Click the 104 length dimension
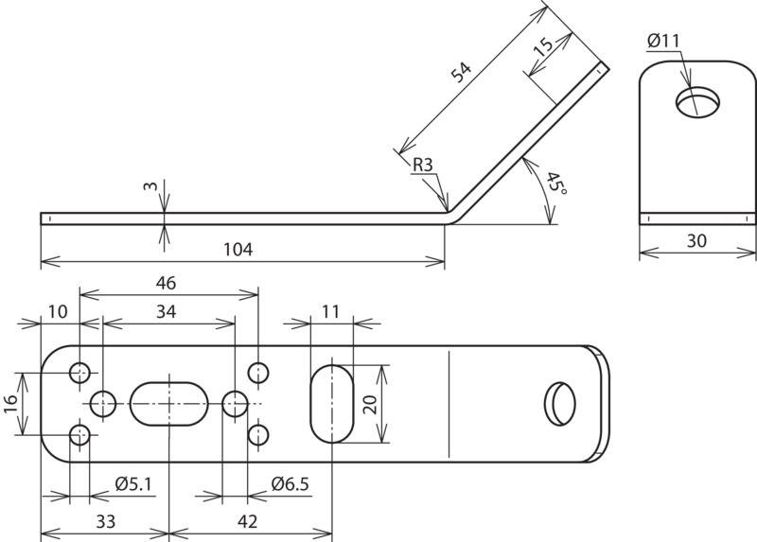pyautogui.click(x=238, y=250)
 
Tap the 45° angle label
pyautogui.click(x=555, y=184)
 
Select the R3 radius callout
pyautogui.click(x=423, y=166)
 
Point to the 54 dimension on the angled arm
pyautogui.click(x=461, y=72)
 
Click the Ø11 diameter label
pyautogui.click(x=663, y=41)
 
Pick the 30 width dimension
pyautogui.click(x=696, y=240)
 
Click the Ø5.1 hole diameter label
pyautogui.click(x=133, y=483)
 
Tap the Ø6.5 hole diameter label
pyautogui.click(x=290, y=483)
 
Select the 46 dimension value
pyautogui.click(x=166, y=284)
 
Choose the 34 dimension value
pyautogui.click(x=166, y=312)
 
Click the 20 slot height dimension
pyautogui.click(x=370, y=405)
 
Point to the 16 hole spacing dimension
pyautogui.click(x=10, y=404)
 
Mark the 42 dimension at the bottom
pyautogui.click(x=247, y=522)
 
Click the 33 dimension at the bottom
pyautogui.click(x=106, y=522)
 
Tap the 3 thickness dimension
pyautogui.click(x=150, y=185)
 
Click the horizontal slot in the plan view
pyautogui.click(x=169, y=404)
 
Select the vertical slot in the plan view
pyautogui.click(x=332, y=404)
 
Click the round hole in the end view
pyautogui.click(x=697, y=102)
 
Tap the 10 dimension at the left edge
pyautogui.click(x=58, y=312)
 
